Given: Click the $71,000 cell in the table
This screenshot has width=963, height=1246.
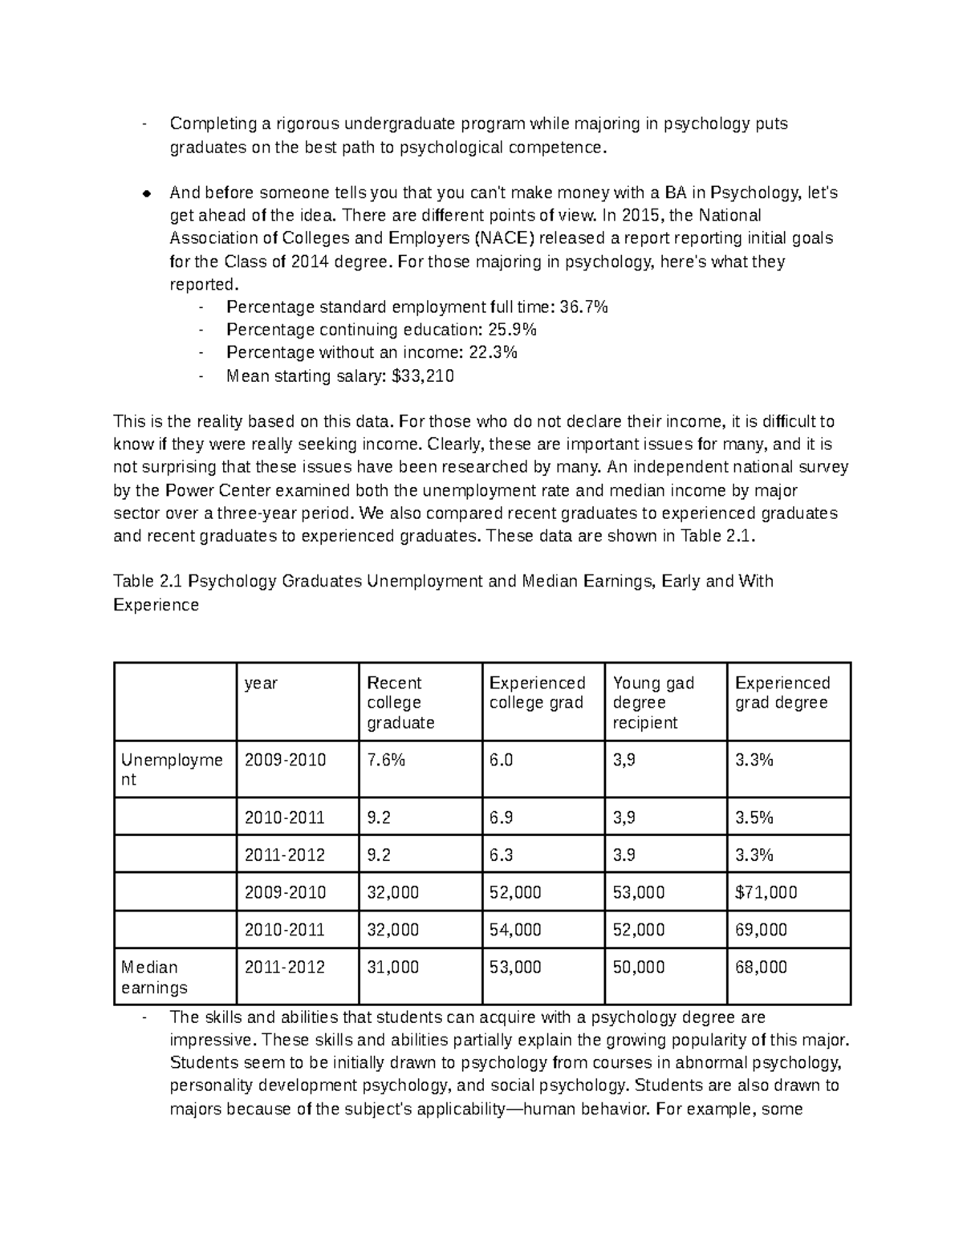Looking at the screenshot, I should coord(766,892).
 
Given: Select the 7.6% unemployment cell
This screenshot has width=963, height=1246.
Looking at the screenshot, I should coord(386,760).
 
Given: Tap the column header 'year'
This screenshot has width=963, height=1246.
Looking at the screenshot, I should coord(261,683).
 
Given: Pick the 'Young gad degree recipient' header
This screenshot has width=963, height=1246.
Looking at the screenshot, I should coord(653,702).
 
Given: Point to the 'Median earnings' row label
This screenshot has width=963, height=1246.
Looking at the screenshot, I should coord(154,977).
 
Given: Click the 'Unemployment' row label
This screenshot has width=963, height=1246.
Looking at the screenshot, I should coord(172,769).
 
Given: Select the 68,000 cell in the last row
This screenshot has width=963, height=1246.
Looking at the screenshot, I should coord(761,968).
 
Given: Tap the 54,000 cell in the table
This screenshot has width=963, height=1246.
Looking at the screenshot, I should coord(515,930).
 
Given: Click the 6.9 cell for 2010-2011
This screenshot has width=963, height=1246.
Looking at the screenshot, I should coord(501,818).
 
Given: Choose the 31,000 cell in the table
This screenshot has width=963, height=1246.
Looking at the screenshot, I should coord(392,968).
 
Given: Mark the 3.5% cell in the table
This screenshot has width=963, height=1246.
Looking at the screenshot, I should coord(754,818).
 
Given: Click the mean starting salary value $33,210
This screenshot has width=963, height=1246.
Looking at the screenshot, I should coord(422,376).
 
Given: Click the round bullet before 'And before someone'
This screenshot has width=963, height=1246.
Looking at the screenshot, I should coord(146,193).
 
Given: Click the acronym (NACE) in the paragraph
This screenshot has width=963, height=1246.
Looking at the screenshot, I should coord(502,238).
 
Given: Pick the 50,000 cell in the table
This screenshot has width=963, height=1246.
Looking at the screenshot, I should coord(639,968).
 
